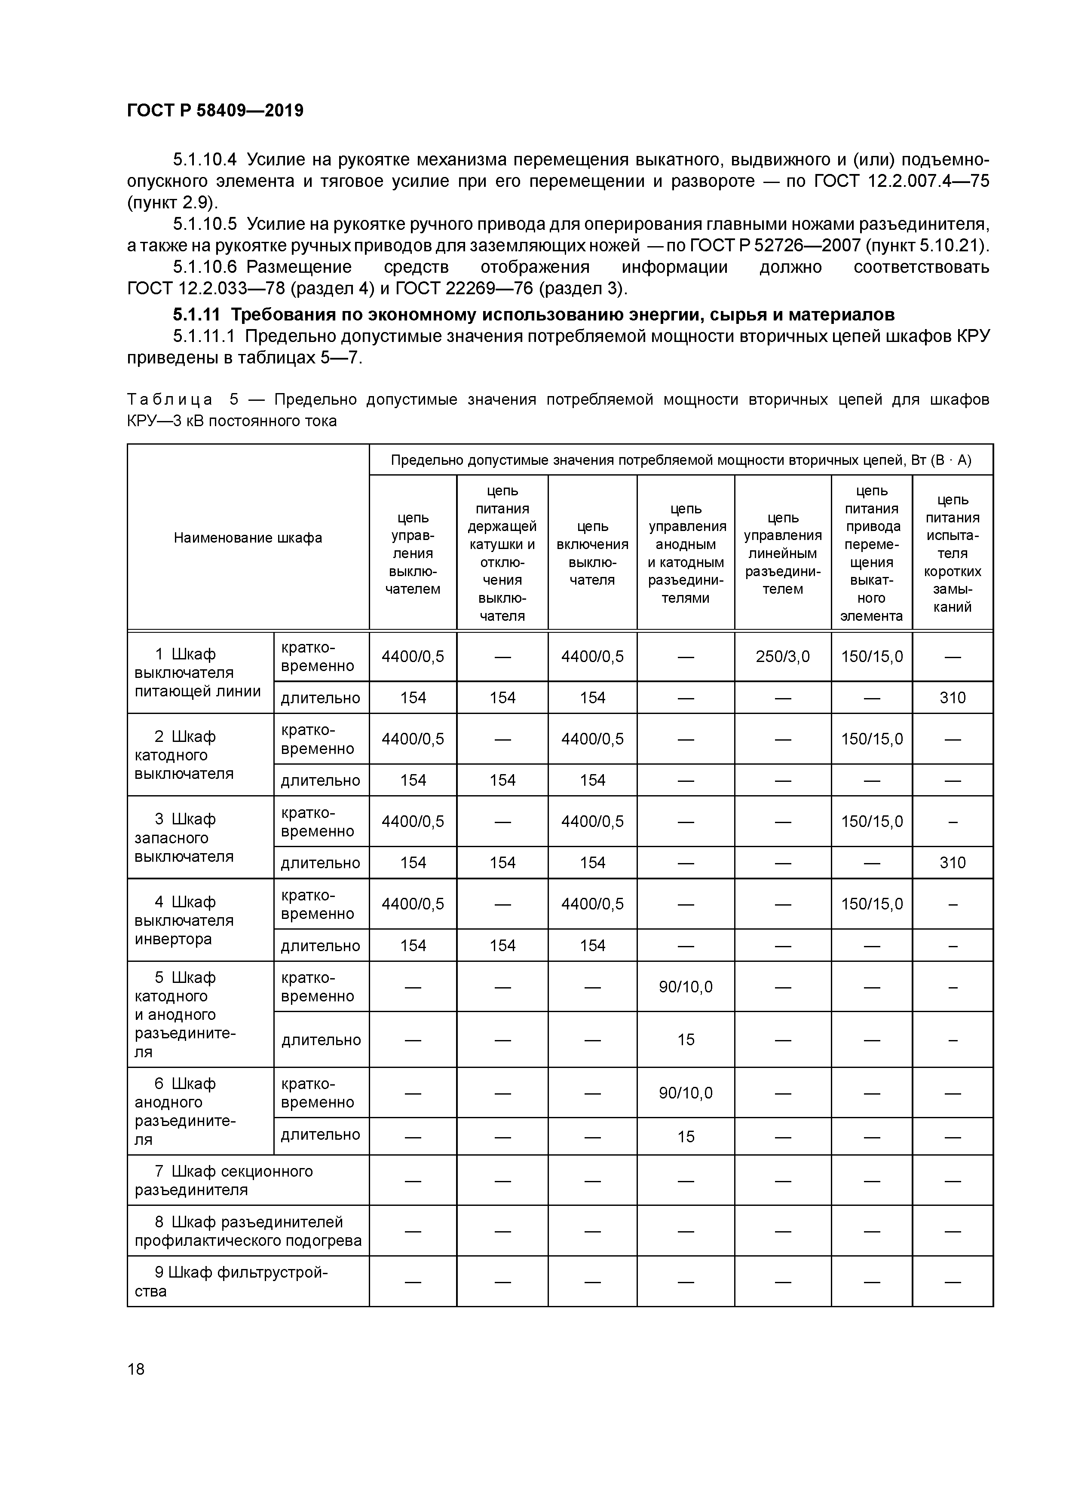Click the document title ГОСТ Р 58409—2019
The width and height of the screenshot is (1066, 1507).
[215, 110]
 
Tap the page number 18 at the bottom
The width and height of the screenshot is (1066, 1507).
[136, 1369]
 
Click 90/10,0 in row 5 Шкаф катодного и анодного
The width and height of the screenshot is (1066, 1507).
[685, 987]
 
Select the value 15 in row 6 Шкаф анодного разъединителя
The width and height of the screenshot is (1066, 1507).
[685, 1137]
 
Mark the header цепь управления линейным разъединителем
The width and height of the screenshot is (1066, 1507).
[782, 553]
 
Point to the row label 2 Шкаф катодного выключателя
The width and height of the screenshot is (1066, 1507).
[184, 755]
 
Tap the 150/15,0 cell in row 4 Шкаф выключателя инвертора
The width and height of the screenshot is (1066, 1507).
[872, 904]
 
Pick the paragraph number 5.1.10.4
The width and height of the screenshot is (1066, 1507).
[204, 159]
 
